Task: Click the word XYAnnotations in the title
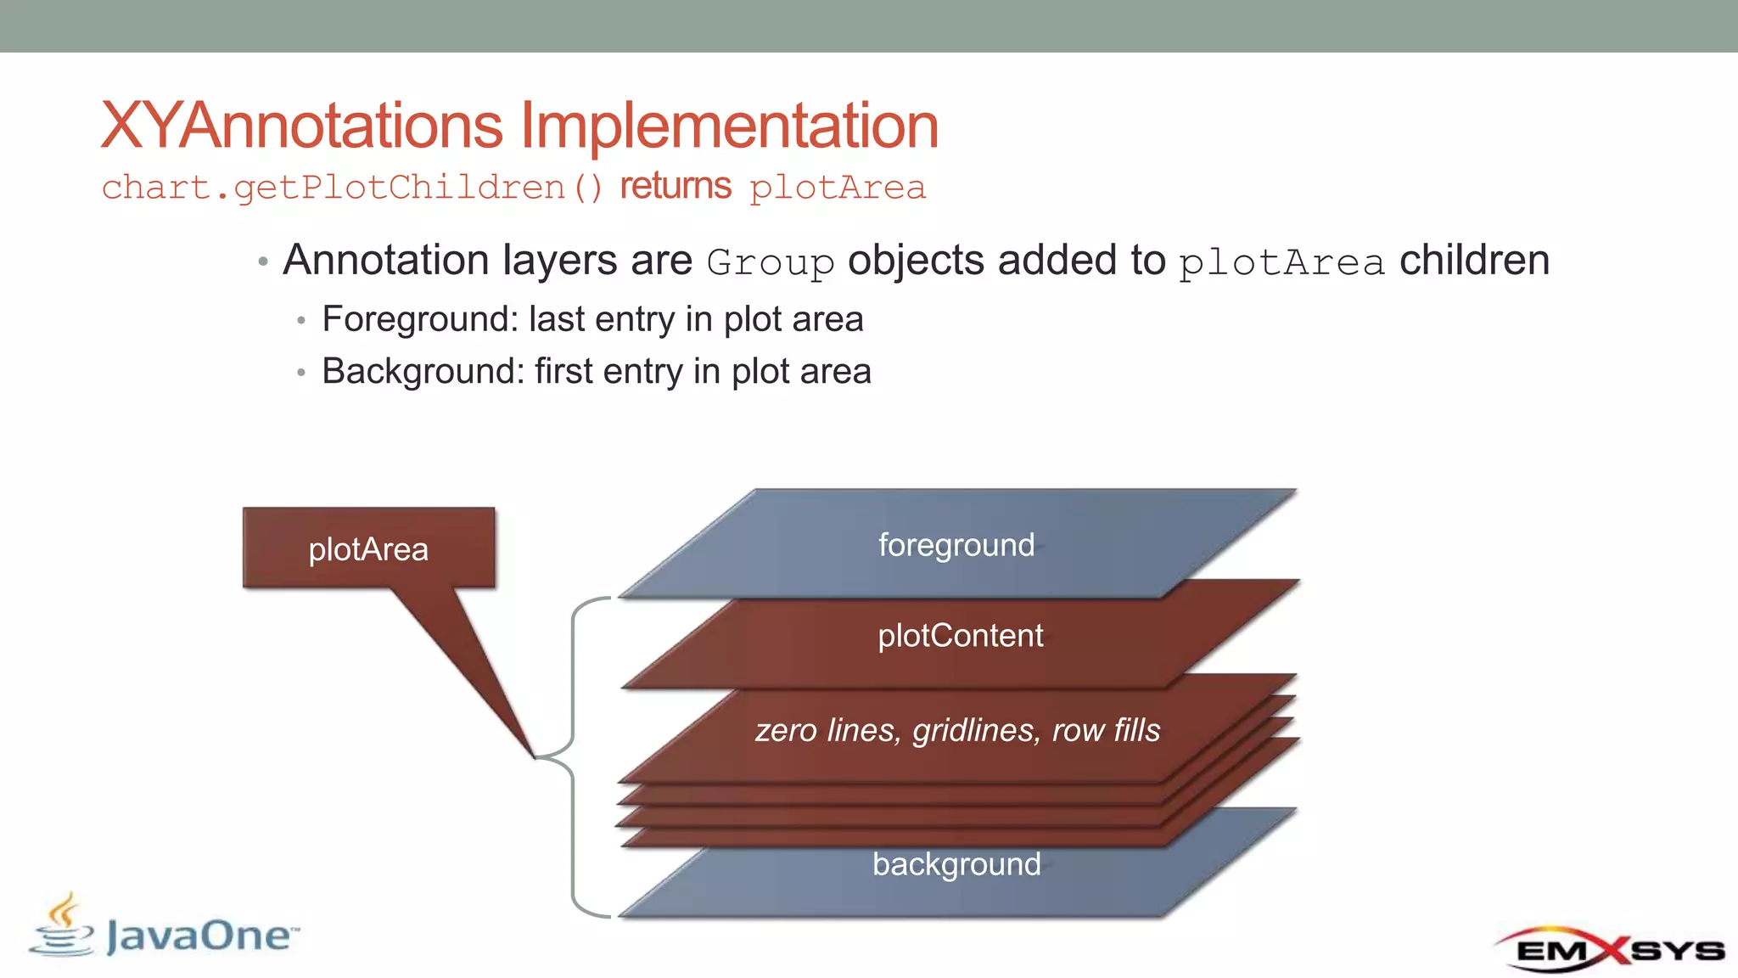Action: coord(302,126)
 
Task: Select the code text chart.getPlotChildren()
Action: coord(352,188)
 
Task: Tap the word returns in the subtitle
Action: coord(676,186)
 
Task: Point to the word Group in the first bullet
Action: coord(770,262)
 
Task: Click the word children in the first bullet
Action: coord(1474,260)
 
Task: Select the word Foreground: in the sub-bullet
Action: coord(420,320)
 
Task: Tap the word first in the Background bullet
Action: coord(563,372)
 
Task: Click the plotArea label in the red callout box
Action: coord(368,549)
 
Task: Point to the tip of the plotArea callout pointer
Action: coord(535,756)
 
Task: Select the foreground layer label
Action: coord(956,545)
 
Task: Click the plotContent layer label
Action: coord(960,636)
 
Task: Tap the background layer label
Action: coord(956,864)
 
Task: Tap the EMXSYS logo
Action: coord(1609,949)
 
